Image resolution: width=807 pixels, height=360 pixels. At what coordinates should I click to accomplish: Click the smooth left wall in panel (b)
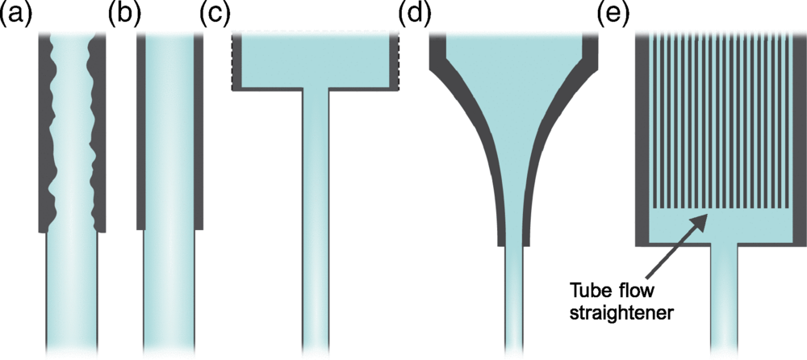(140, 129)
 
